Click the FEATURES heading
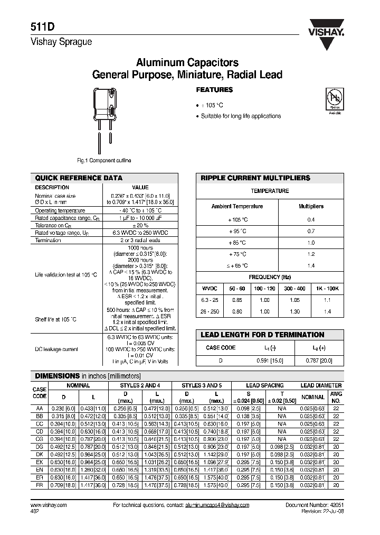(x=215, y=90)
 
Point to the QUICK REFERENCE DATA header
(x=79, y=178)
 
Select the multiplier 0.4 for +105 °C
(x=311, y=219)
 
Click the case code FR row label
(x=40, y=484)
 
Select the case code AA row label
(x=40, y=409)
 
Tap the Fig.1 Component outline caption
(x=104, y=160)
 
